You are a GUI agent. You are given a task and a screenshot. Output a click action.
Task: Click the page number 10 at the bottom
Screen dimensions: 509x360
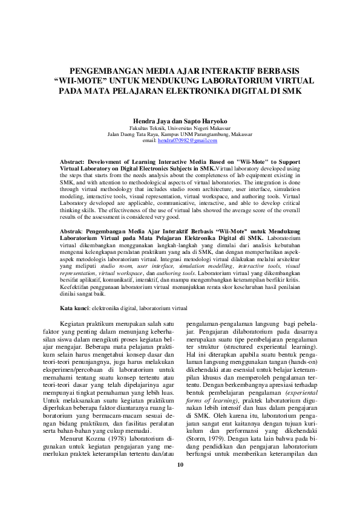pos(180,481)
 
